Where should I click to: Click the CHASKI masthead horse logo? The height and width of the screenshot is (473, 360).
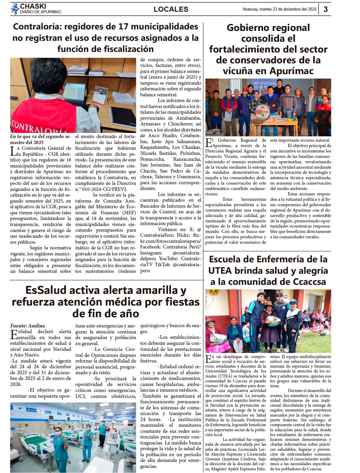[x=15, y=9]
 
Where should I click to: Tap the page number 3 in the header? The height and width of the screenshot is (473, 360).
[x=325, y=9]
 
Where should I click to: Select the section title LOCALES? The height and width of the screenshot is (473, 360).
[x=171, y=9]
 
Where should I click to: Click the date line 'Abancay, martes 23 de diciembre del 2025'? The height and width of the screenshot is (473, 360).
[x=279, y=9]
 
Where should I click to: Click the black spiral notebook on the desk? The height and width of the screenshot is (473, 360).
[x=123, y=117]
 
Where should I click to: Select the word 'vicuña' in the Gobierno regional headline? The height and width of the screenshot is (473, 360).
[x=238, y=71]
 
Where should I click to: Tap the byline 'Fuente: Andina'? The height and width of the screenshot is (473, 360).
[x=28, y=326]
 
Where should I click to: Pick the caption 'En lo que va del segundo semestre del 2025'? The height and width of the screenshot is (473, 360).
[x=40, y=140]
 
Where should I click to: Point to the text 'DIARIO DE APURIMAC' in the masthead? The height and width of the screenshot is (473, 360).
[x=40, y=12]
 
